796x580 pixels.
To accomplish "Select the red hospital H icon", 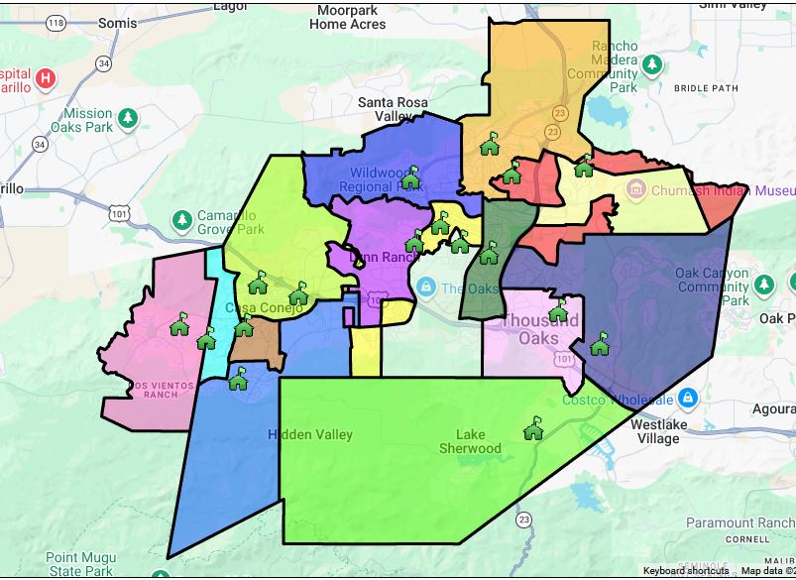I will [45, 78].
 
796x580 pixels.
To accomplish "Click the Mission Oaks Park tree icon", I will [127, 120].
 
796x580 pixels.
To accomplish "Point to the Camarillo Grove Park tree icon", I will [181, 219].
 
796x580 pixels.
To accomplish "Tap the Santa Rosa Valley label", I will [393, 109].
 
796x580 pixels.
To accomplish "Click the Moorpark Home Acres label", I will [347, 17].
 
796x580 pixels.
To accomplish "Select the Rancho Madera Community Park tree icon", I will [652, 65].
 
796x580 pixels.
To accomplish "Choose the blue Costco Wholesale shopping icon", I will [688, 399].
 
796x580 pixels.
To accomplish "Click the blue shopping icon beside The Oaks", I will [426, 288].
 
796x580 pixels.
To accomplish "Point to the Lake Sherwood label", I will [471, 441].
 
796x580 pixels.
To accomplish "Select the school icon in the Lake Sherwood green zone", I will [533, 428].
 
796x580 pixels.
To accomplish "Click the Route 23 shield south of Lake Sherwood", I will [523, 520].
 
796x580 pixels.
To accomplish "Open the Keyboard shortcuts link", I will [685, 571].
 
